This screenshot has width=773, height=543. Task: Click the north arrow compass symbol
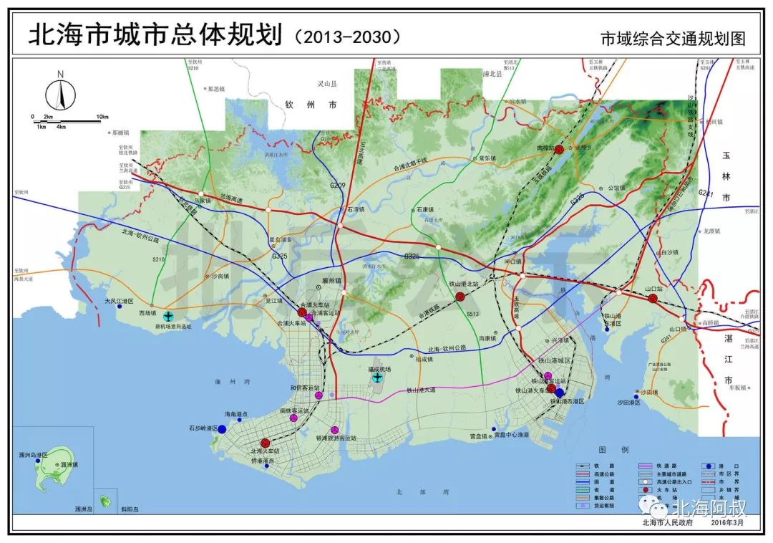click(x=61, y=95)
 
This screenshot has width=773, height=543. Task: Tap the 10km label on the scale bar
click(x=102, y=117)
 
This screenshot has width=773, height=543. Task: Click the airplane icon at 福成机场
click(x=378, y=378)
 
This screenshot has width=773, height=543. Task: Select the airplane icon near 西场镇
click(x=168, y=316)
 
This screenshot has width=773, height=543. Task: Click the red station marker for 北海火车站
click(x=266, y=443)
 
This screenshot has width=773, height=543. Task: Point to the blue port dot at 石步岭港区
click(x=222, y=428)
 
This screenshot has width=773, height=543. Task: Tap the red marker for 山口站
click(x=653, y=298)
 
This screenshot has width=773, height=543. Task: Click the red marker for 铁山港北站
click(x=460, y=296)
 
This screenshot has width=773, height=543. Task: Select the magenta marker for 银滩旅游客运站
click(x=334, y=430)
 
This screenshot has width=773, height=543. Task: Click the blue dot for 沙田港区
click(x=636, y=393)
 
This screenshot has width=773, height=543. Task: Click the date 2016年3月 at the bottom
click(x=728, y=524)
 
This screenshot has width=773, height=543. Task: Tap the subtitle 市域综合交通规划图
click(x=673, y=39)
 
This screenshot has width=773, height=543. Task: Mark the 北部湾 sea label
click(x=415, y=492)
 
